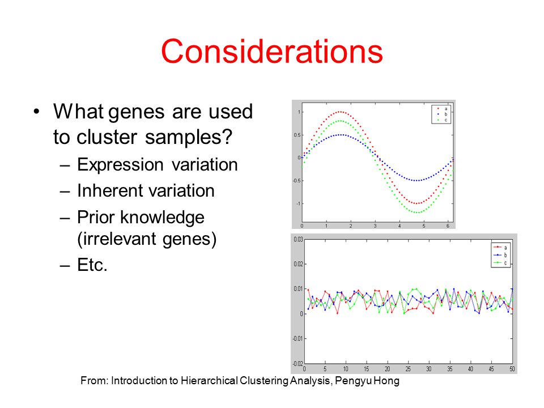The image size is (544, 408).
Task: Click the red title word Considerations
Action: pyautogui.click(x=271, y=51)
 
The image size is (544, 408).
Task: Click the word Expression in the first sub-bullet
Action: pyautogui.click(x=120, y=165)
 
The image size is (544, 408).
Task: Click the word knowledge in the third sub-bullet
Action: pyautogui.click(x=162, y=218)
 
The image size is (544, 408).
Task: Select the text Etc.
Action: pyautogui.click(x=92, y=265)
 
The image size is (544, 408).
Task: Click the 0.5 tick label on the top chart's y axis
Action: pyautogui.click(x=297, y=135)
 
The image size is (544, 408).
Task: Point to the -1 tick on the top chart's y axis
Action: pyautogui.click(x=298, y=203)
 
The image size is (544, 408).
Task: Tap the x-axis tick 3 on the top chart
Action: pyautogui.click(x=375, y=226)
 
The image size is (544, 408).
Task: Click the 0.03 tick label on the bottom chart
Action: pyautogui.click(x=298, y=239)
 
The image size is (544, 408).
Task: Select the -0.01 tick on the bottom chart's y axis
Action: pyautogui.click(x=297, y=339)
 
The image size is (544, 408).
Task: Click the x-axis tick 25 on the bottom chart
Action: pyautogui.click(x=408, y=369)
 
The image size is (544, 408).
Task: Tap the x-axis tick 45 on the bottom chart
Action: pyautogui.click(x=491, y=369)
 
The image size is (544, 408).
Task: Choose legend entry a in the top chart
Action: pyautogui.click(x=441, y=109)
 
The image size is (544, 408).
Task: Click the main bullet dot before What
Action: pyautogui.click(x=36, y=112)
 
